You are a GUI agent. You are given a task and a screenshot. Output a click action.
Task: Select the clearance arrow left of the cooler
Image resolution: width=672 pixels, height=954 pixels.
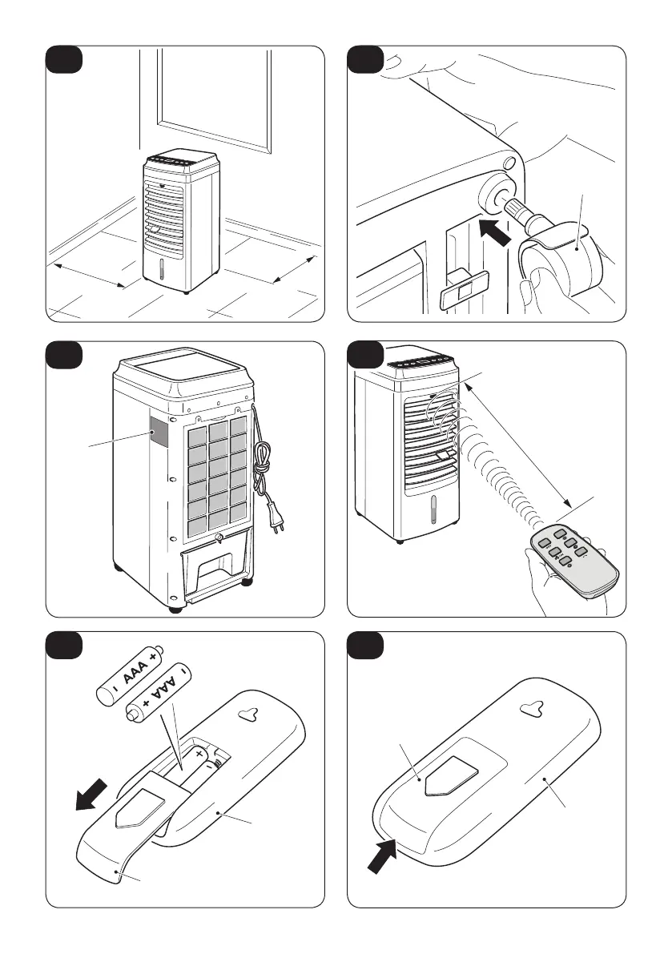tap(89, 274)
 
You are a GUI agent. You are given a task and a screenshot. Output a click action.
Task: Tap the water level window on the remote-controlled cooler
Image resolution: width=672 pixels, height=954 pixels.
tap(435, 510)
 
